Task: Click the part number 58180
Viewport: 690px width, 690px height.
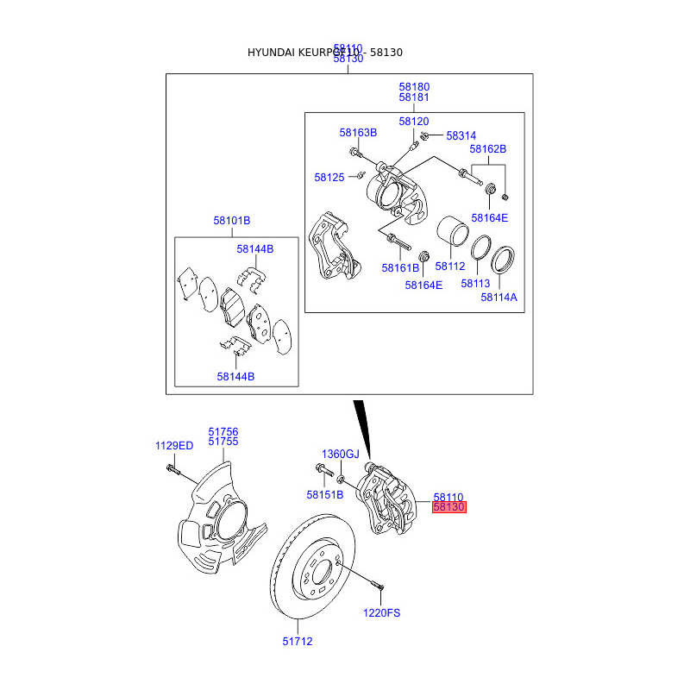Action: pos(414,87)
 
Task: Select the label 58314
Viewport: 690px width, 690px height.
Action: pos(461,136)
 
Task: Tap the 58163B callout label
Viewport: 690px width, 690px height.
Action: pos(358,133)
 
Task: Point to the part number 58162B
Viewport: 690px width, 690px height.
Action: pos(487,149)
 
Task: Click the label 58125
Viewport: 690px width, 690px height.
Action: pos(329,178)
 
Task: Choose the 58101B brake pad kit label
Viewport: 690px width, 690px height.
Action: pos(232,221)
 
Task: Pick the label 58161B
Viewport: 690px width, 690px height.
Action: pos(400,268)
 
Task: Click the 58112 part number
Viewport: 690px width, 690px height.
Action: pos(449,267)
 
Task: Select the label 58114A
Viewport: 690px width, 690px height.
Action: pos(499,298)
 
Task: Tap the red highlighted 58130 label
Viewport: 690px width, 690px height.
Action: pos(448,508)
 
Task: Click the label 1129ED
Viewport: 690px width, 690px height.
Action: pos(174,446)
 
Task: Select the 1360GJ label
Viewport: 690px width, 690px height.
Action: pos(340,454)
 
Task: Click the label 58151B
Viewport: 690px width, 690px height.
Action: pos(325,495)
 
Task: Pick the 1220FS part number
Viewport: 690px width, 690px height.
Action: pos(381,613)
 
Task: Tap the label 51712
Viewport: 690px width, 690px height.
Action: pos(297,642)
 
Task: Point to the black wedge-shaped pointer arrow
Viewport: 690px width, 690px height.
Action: pos(362,427)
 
